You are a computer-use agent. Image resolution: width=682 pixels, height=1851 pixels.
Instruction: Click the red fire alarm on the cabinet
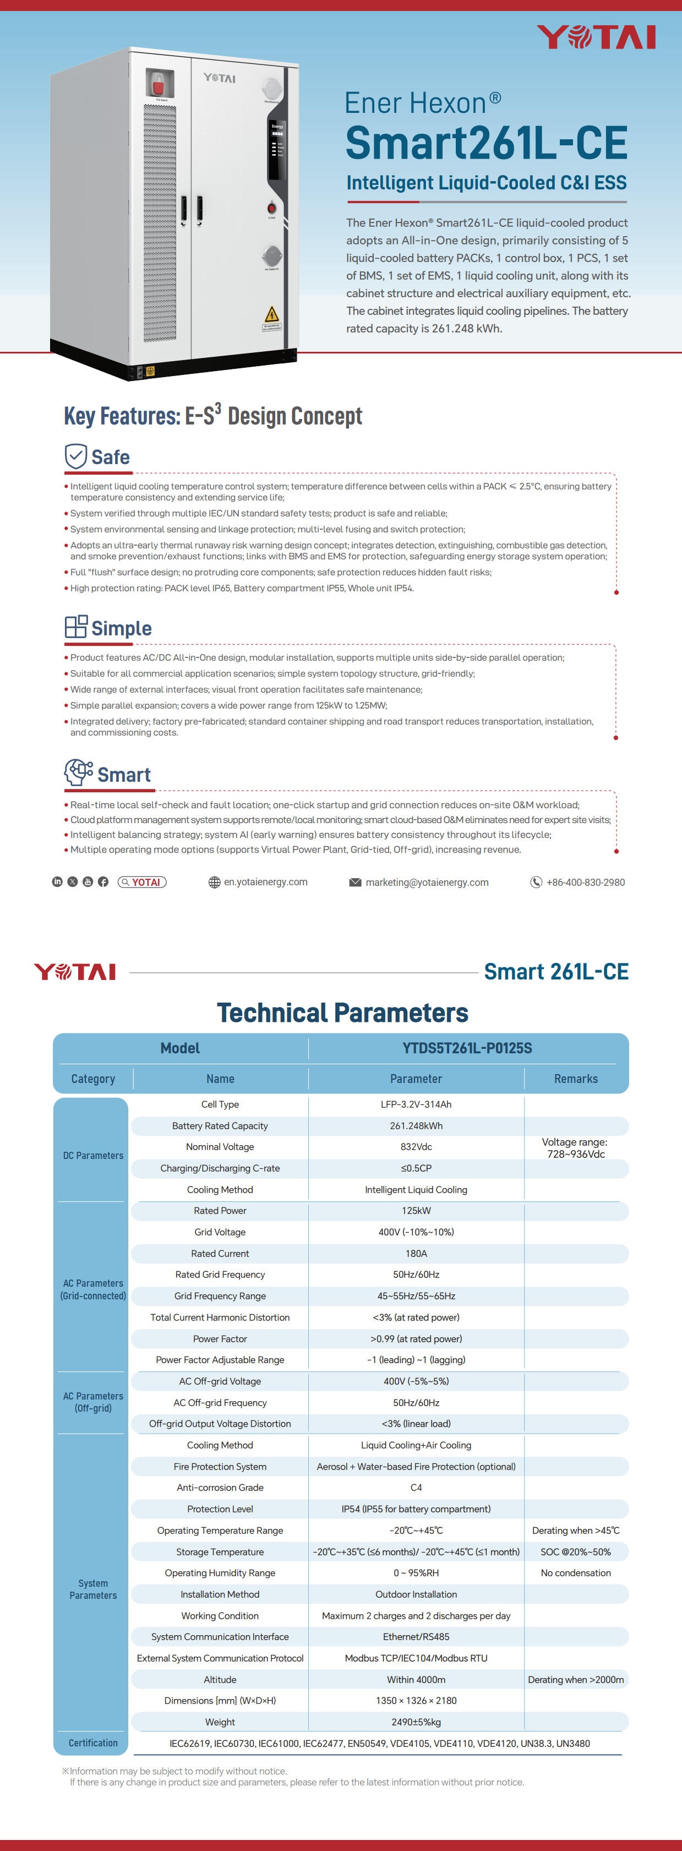[157, 83]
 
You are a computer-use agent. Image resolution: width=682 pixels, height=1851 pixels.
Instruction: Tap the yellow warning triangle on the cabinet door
[272, 314]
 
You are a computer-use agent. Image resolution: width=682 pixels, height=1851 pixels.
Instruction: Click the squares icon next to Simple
[75, 627]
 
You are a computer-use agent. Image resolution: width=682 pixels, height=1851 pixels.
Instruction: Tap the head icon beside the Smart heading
[78, 772]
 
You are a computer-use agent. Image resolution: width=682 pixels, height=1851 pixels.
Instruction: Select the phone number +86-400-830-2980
[585, 883]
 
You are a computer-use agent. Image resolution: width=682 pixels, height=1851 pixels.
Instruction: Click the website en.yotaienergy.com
[265, 881]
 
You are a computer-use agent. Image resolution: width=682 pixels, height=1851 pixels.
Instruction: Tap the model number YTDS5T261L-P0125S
[467, 1048]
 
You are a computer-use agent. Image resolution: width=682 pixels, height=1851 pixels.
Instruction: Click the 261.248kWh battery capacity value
[416, 1126]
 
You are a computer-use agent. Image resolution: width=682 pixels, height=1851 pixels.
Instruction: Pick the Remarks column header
[576, 1079]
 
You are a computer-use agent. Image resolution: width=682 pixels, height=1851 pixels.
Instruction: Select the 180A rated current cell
[416, 1253]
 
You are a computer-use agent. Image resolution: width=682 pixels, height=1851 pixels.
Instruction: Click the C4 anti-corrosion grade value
[416, 1488]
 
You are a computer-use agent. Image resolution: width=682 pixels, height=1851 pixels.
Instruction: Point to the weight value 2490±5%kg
[416, 1722]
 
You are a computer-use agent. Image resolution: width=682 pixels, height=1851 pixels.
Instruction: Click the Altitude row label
[220, 1679]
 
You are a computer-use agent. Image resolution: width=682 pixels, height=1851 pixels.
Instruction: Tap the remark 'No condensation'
[576, 1573]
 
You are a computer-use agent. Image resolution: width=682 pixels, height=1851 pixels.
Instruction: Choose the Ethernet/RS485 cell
[416, 1637]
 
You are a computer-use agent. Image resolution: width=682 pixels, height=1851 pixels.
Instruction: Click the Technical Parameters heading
[342, 1012]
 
